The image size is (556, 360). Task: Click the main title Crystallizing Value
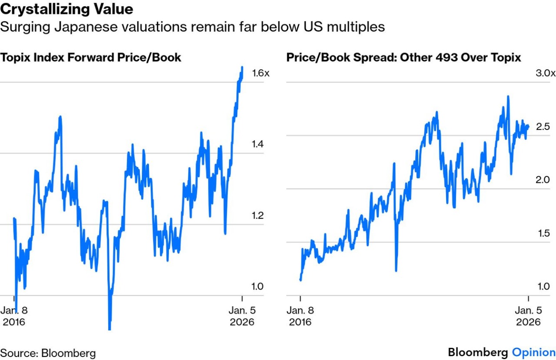66,9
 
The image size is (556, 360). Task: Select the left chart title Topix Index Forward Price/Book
91,57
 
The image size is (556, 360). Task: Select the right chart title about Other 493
404,57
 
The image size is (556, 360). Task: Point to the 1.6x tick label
261,73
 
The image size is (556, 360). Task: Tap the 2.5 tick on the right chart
543,126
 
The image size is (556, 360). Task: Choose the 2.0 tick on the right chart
543,180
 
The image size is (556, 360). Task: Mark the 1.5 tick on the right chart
543,233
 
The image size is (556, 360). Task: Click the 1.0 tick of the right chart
543,287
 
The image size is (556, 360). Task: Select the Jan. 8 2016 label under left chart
14,316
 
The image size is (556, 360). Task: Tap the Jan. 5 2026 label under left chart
242,316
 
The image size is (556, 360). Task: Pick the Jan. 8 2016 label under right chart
300,316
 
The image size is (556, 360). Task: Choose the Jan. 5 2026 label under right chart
528,316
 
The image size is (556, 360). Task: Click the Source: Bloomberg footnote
48,353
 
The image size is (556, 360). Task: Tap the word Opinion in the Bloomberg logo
533,352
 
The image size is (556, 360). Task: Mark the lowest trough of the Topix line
109,328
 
